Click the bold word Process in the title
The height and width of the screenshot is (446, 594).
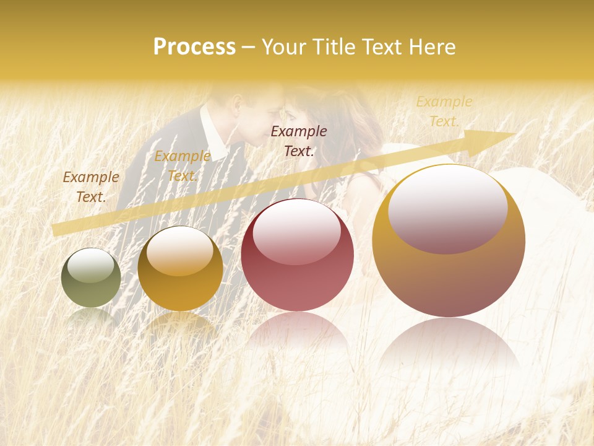[194, 47]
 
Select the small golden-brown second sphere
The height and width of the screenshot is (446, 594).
[180, 269]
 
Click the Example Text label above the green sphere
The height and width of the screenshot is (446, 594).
[91, 187]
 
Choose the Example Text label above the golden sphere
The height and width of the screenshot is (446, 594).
[182, 166]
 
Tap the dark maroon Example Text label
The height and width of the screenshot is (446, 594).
[299, 141]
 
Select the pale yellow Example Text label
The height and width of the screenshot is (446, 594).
[444, 111]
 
